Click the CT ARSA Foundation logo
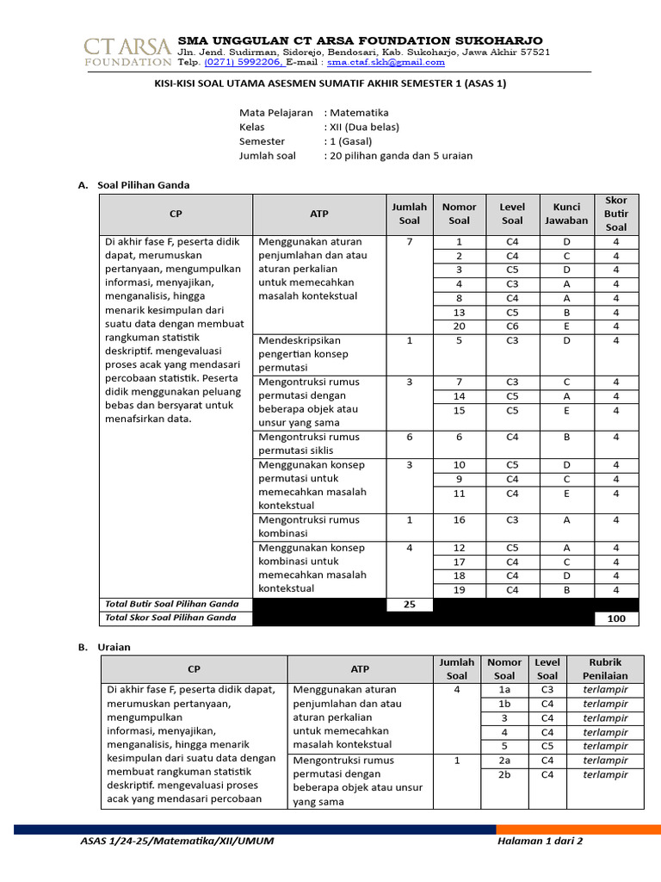click(x=127, y=51)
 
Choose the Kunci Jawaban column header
click(x=566, y=214)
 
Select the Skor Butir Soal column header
click(x=615, y=214)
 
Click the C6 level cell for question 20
click(x=512, y=326)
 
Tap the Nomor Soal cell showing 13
click(x=459, y=313)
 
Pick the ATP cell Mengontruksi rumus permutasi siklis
click(x=310, y=444)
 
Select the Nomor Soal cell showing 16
click(x=459, y=520)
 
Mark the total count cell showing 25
click(x=410, y=605)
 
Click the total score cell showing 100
click(x=615, y=618)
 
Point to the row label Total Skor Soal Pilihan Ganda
click(x=170, y=618)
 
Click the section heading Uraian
click(x=114, y=647)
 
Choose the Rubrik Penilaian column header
click(x=604, y=669)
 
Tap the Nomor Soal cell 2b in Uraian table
click(x=504, y=774)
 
